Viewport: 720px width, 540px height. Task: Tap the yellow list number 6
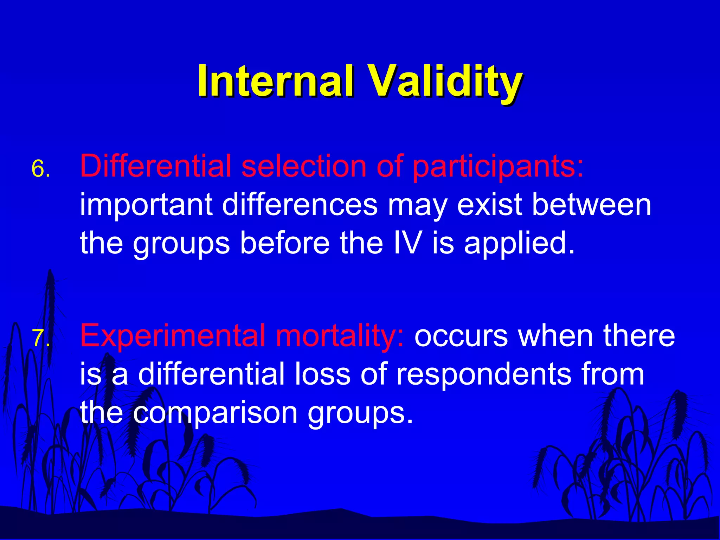pos(40,169)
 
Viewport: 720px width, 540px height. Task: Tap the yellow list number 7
pos(40,339)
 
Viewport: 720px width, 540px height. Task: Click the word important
pos(146,205)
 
